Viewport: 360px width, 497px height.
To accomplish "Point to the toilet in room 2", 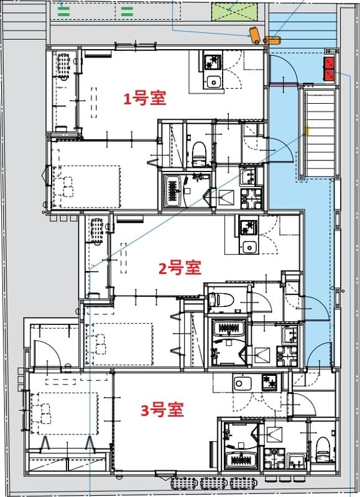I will pos(221,299).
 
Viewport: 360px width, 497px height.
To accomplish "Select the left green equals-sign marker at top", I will pos(65,10).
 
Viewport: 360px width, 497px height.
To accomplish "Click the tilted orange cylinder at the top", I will pos(254,34).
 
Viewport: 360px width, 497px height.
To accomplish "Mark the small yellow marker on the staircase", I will pos(307,131).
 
